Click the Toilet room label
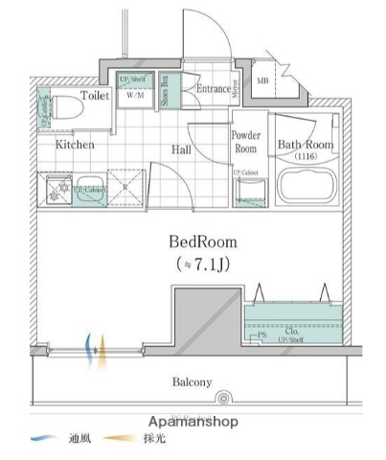click(x=94, y=96)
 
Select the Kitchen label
click(x=74, y=145)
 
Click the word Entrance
click(x=214, y=89)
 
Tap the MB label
click(x=262, y=81)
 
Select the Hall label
click(x=182, y=149)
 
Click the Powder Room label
click(x=246, y=143)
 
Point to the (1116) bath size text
click(x=305, y=155)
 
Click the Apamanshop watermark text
click(x=193, y=422)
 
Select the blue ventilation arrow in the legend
click(x=44, y=440)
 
